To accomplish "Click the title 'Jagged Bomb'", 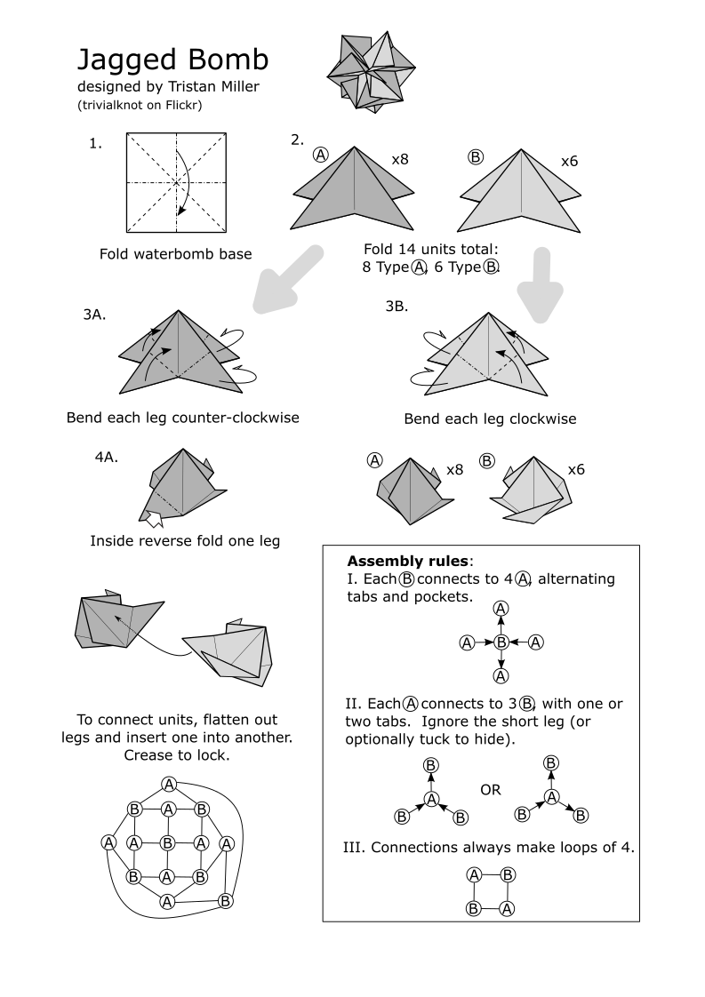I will [172, 60].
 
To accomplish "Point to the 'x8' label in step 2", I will [400, 161].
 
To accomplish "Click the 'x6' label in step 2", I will [570, 162].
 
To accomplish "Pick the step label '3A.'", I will [94, 314].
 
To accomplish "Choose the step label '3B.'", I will [397, 307].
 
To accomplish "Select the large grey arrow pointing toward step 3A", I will [285, 278].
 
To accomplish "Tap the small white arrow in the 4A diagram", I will [154, 519].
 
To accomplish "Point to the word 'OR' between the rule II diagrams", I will [490, 789].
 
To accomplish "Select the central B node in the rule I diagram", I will [501, 642].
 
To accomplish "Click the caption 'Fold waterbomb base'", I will [176, 254].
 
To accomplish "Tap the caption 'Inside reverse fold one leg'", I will [185, 540].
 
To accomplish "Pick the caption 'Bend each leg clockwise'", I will [490, 419].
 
